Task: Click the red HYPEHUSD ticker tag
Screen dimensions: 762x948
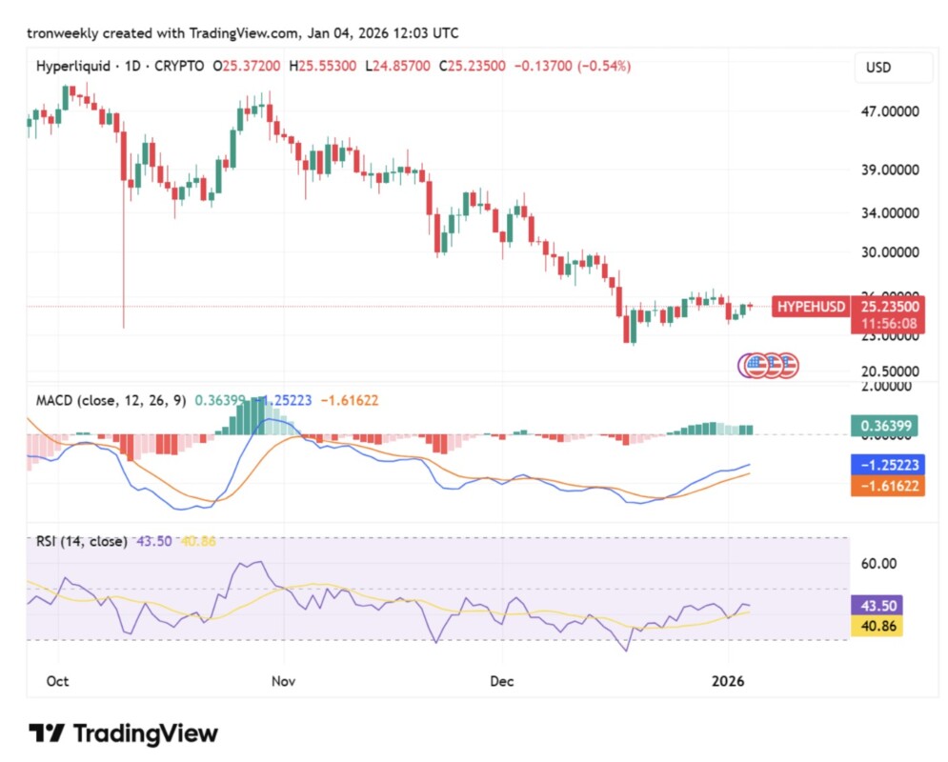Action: (811, 307)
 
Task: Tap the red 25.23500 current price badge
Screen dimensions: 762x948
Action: (890, 307)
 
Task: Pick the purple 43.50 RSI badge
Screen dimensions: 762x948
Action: (874, 606)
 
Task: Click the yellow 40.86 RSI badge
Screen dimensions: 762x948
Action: (874, 628)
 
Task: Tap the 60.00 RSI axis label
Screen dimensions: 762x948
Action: (878, 563)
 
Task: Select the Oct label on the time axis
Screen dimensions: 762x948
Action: (57, 682)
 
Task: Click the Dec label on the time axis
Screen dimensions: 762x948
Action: (502, 682)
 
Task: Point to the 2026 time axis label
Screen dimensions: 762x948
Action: (728, 682)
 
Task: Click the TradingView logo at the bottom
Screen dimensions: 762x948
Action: (124, 733)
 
